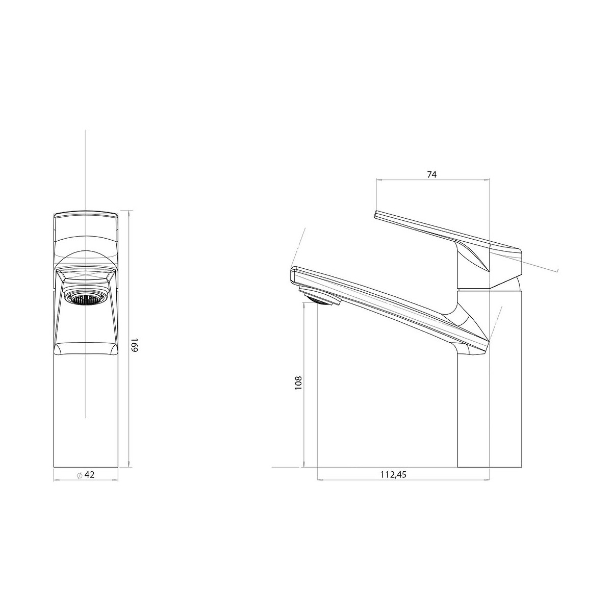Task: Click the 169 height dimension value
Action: [x=134, y=345]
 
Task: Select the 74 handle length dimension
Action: [x=432, y=174]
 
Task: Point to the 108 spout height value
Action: [x=298, y=383]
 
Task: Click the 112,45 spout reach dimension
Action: [x=393, y=483]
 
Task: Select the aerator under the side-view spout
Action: [x=320, y=298]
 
